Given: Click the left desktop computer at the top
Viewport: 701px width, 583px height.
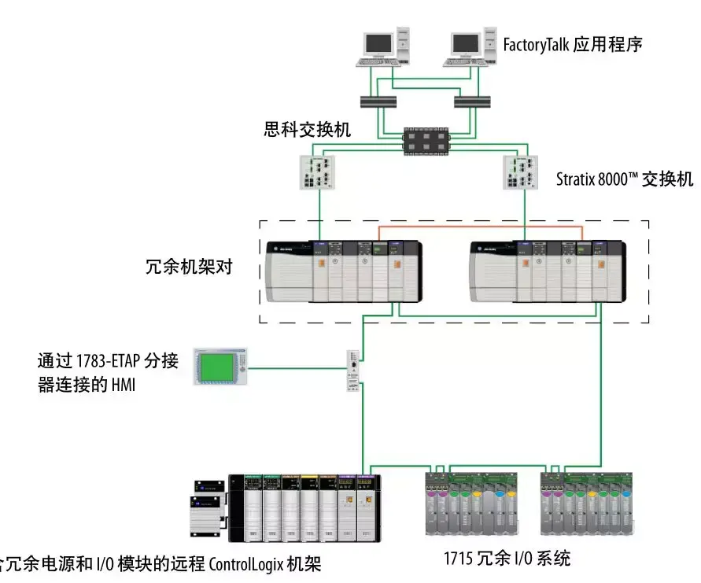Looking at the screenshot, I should click(x=386, y=47).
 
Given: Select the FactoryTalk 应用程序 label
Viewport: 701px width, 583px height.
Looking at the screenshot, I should click(x=572, y=44).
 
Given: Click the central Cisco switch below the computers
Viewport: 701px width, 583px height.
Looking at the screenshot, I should click(x=426, y=142).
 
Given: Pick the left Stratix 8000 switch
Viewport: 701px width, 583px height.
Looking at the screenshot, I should click(x=319, y=172).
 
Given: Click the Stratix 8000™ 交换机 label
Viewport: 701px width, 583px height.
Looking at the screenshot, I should click(x=625, y=179).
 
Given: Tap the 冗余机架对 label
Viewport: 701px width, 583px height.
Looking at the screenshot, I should click(x=193, y=268).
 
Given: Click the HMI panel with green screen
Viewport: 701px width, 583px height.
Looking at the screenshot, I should click(x=221, y=366).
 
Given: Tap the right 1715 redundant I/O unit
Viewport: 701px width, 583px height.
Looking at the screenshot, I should click(x=586, y=503).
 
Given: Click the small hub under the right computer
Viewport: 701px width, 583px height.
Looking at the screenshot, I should click(x=473, y=101).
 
